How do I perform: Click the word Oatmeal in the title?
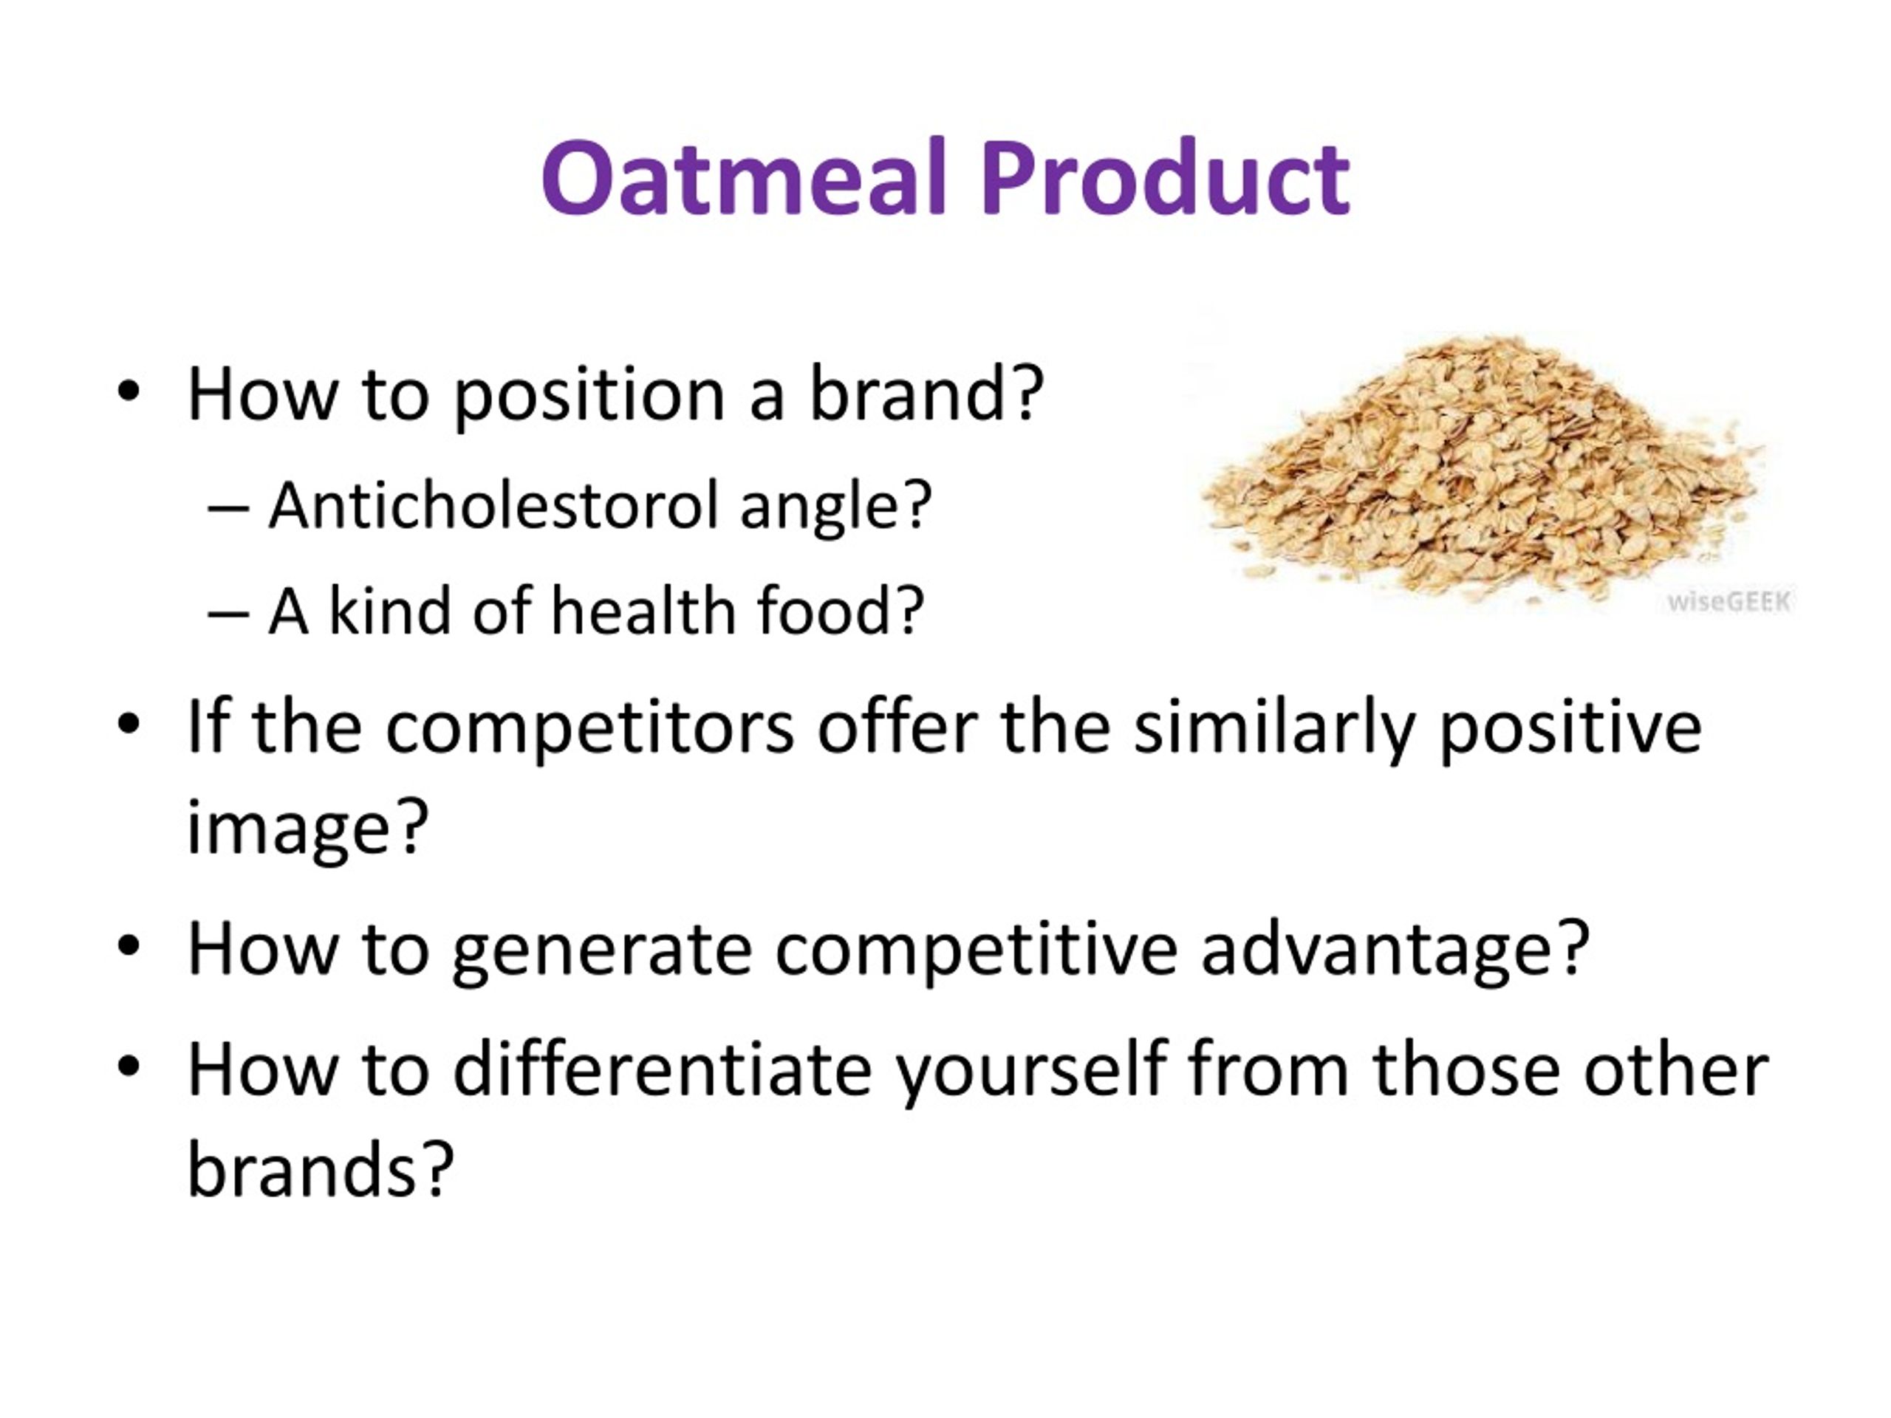(x=745, y=178)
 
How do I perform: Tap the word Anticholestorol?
(x=493, y=505)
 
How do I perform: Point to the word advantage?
(x=1395, y=950)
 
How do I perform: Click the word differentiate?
(x=662, y=1069)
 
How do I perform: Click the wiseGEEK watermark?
(x=1729, y=602)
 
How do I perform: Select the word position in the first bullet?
(x=589, y=397)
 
